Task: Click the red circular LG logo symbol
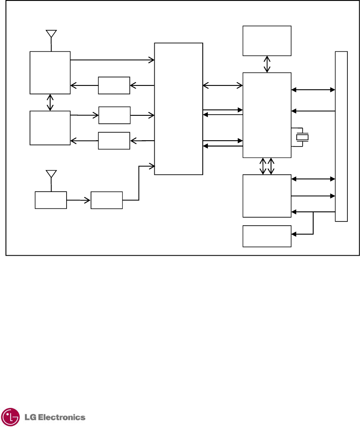[x=10, y=417]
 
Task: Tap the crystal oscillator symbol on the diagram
[x=302, y=137]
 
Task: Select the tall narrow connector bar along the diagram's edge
[x=341, y=136]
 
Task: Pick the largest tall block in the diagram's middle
[x=178, y=109]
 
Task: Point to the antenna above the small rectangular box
[x=51, y=174]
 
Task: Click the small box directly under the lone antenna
[x=51, y=200]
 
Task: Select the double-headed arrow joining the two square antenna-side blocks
[x=51, y=102]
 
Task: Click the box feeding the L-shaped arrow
[x=107, y=200]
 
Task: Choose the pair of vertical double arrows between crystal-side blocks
[x=267, y=166]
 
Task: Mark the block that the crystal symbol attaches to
[x=267, y=115]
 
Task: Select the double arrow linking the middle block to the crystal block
[x=223, y=86]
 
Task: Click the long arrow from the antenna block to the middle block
[x=112, y=60]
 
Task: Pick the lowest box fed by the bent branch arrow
[x=267, y=236]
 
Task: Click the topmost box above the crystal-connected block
[x=267, y=40]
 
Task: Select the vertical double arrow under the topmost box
[x=267, y=64]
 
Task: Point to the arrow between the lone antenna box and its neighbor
[x=79, y=200]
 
